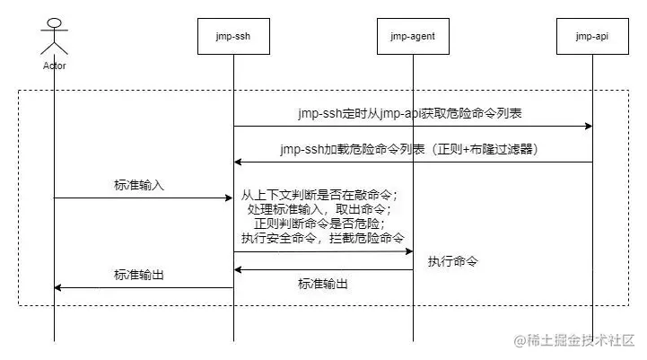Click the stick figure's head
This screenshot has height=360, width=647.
point(54,22)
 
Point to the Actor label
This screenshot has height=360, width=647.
point(54,66)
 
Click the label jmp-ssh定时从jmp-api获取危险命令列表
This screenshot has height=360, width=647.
point(410,114)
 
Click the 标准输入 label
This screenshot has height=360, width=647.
point(139,186)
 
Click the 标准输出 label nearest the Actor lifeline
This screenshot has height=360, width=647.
point(139,275)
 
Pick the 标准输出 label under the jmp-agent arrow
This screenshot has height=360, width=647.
point(323,284)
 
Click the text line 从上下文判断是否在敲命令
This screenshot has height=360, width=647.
point(319,195)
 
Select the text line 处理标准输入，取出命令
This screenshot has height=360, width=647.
point(319,209)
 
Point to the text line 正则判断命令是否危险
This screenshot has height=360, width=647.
point(319,224)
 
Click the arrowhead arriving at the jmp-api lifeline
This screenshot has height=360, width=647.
point(588,126)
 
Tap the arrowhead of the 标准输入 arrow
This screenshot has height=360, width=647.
point(229,198)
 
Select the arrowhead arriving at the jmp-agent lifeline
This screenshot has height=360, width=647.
point(408,251)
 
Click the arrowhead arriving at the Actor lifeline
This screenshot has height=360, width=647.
point(59,287)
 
